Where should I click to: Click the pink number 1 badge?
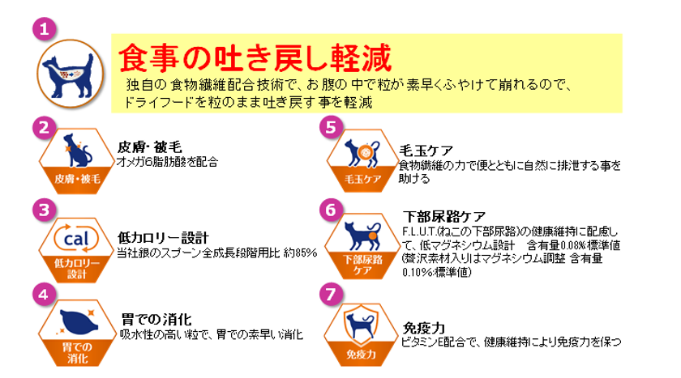(x=45, y=29)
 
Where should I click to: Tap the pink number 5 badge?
(x=331, y=127)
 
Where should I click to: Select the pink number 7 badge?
(x=331, y=295)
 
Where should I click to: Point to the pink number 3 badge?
(x=45, y=210)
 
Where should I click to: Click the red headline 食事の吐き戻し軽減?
(x=255, y=58)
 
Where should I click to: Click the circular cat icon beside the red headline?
(x=71, y=74)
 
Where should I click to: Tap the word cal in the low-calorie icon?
(x=76, y=239)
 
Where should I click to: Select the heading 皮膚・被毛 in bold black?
(x=149, y=147)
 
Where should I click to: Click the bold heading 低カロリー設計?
(x=163, y=237)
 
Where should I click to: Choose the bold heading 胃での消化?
(x=156, y=320)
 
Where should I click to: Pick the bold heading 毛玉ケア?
(x=426, y=151)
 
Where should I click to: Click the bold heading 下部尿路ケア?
(x=444, y=216)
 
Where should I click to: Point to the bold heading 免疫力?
(x=424, y=328)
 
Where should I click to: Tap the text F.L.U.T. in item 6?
(x=419, y=232)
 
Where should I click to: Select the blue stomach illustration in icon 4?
(x=79, y=322)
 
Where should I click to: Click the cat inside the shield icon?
(x=360, y=325)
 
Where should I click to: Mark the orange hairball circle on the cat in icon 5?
(x=364, y=152)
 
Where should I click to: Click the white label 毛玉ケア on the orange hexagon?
(x=363, y=179)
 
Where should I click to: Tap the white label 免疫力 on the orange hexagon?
(x=361, y=355)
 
